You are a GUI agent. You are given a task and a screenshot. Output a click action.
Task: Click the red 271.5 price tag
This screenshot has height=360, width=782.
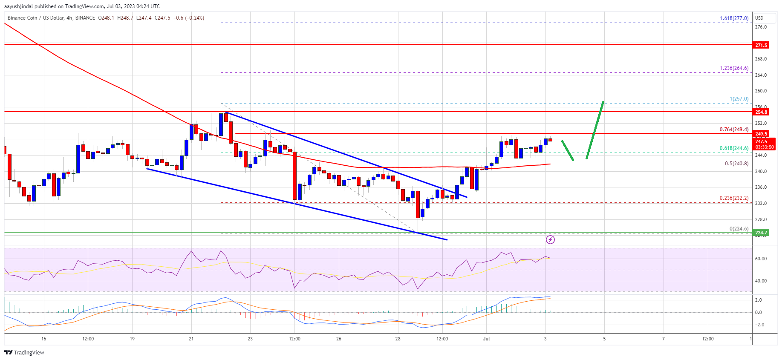click(761, 45)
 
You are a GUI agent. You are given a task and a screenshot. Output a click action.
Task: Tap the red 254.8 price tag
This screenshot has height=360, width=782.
click(761, 112)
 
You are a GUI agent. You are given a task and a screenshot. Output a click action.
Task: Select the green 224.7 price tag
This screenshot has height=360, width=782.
click(761, 233)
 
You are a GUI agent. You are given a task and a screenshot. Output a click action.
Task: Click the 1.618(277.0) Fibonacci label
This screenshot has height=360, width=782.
click(734, 18)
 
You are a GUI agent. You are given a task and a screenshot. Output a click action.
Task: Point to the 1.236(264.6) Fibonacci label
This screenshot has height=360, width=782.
click(734, 68)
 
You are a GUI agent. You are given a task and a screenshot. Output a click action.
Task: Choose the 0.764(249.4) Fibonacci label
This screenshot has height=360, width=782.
click(734, 130)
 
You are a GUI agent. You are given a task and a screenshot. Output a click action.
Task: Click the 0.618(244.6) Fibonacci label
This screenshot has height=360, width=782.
click(734, 148)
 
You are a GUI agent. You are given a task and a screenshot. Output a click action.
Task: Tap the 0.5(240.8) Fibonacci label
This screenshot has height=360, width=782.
click(736, 164)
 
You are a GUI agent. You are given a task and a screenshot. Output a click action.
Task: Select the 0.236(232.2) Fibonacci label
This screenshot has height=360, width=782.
click(734, 198)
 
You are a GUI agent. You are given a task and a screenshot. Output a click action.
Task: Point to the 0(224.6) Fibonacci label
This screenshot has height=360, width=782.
click(739, 229)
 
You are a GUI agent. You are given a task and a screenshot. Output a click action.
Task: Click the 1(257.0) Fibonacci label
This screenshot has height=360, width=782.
click(739, 99)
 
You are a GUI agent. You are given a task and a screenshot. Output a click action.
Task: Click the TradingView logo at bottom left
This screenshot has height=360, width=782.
click(24, 352)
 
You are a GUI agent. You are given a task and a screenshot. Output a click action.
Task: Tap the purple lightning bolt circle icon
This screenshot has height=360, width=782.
click(550, 240)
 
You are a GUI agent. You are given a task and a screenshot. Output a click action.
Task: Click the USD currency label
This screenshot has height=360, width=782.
click(759, 18)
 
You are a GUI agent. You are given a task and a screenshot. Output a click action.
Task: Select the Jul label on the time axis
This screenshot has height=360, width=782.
click(486, 339)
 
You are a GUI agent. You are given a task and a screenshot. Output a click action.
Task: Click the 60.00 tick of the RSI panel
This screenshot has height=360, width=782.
click(761, 259)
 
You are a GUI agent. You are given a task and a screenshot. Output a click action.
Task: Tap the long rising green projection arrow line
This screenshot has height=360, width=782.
click(595, 130)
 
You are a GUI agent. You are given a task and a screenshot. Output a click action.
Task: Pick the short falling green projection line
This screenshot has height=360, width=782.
click(568, 150)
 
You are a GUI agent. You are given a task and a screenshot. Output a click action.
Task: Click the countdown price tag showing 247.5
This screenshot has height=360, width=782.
click(764, 144)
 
